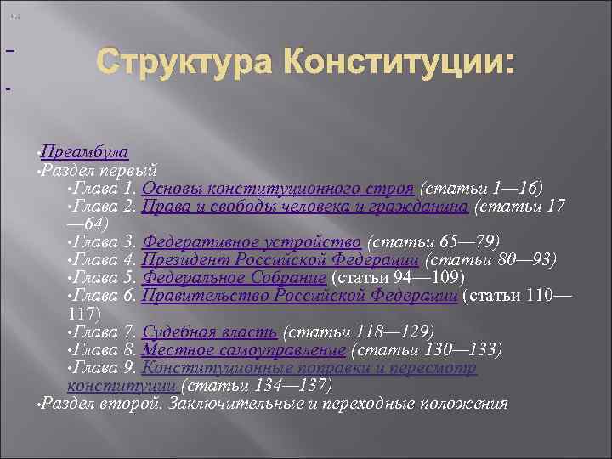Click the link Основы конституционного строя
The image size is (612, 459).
click(x=278, y=187)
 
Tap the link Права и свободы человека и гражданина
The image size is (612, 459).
click(x=305, y=206)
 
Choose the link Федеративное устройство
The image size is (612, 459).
click(x=252, y=241)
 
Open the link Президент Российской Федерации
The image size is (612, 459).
click(x=280, y=259)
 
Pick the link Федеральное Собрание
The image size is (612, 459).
click(x=234, y=277)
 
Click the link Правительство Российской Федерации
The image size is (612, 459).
click(x=300, y=295)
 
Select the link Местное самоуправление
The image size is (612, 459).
click(x=244, y=349)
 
